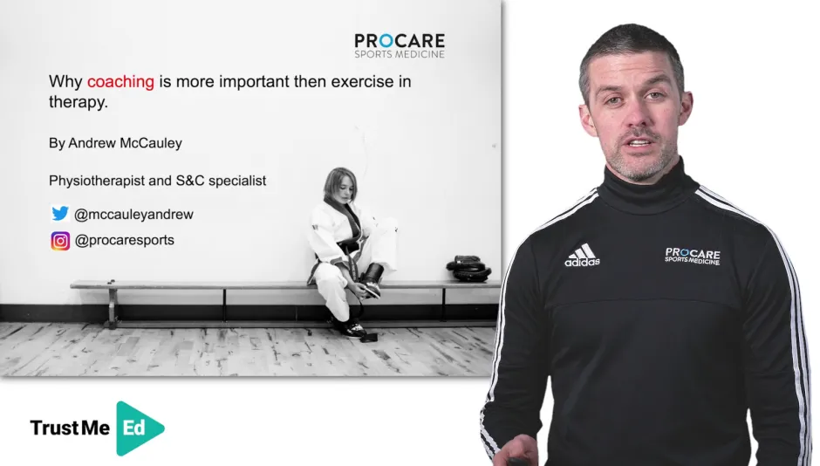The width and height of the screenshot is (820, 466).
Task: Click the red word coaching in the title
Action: (120, 82)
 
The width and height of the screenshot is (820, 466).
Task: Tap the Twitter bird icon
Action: (59, 214)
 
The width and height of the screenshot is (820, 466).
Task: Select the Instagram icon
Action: (59, 241)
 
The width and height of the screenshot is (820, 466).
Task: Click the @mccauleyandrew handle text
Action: (133, 214)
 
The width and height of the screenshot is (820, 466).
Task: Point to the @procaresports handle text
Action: (124, 241)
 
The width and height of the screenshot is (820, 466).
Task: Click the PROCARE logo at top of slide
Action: (400, 45)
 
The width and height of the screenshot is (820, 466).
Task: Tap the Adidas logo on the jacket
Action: (582, 255)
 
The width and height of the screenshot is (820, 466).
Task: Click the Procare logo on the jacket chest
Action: (693, 255)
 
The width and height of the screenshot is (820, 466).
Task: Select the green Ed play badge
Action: (137, 428)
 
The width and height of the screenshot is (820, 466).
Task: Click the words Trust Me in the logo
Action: (70, 428)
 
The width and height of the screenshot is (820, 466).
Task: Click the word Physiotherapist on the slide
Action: (94, 181)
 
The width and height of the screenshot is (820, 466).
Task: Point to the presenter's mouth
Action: (639, 141)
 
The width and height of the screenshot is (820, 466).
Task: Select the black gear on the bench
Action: (468, 268)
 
